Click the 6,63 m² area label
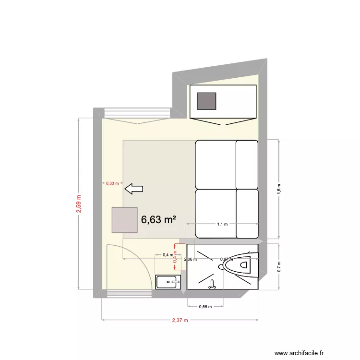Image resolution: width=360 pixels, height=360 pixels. point(158,220)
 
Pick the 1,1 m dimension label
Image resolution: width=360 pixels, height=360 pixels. point(222,224)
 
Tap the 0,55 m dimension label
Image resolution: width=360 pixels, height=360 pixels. point(205,307)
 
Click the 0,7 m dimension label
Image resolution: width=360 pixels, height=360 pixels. point(279,267)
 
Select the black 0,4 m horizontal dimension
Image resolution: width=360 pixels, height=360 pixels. point(168,255)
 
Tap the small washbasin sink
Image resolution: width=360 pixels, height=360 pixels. point(168,282)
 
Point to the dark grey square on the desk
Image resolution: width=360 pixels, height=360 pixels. point(207,101)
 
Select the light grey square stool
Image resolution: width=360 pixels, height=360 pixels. point(124,220)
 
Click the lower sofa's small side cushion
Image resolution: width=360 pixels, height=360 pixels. point(247,213)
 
